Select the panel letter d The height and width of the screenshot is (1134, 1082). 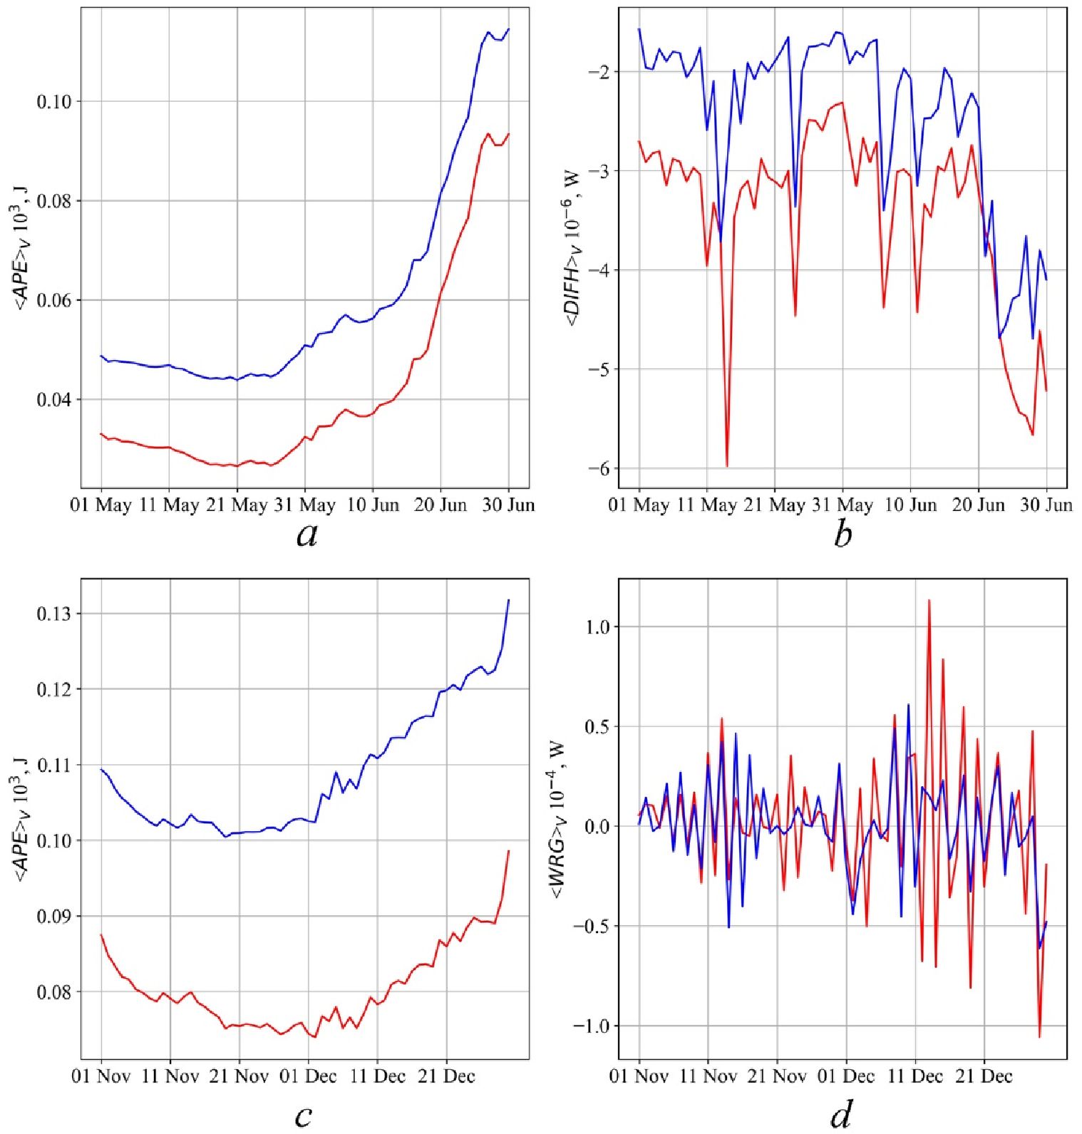click(x=841, y=1114)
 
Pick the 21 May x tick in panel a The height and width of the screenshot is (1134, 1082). click(x=237, y=505)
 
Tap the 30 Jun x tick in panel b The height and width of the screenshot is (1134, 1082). click(x=1046, y=505)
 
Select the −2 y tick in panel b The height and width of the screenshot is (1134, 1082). click(x=597, y=72)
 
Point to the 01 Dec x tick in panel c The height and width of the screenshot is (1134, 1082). click(x=308, y=1076)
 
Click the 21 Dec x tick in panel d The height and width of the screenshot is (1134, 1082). click(x=984, y=1076)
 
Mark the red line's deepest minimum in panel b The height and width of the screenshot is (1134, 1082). click(x=727, y=467)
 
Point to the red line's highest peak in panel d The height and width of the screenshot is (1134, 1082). click(x=929, y=600)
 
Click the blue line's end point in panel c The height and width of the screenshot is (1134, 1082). click(x=509, y=600)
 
